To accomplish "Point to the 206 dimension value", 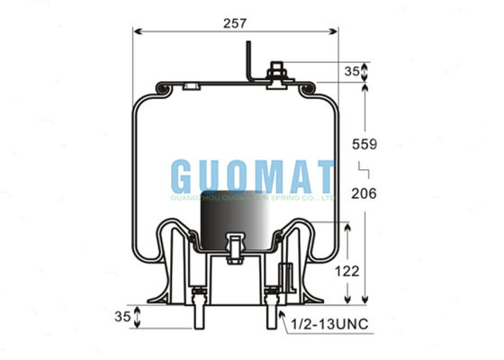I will tap(390, 193).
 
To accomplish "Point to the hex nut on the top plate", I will tap(277, 71).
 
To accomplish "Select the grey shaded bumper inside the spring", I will tap(235, 225).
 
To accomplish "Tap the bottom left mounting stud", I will tap(195, 310).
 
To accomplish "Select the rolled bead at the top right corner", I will tap(308, 88).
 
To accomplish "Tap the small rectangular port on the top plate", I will tap(190, 86).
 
